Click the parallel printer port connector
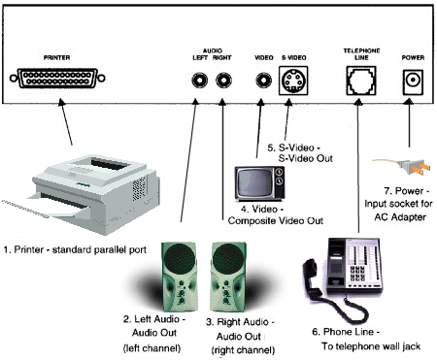point(57,78)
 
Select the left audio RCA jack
point(199,80)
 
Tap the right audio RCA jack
point(223,80)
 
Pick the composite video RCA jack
point(263,80)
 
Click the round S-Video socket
point(293,81)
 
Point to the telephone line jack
point(361,81)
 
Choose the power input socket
point(413,82)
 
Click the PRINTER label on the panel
point(57,57)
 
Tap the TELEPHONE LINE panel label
point(361,54)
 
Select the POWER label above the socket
point(413,57)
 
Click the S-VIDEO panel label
point(294,57)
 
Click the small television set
point(260,183)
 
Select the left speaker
point(179,277)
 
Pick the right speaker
point(228,277)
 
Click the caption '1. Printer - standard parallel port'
point(75,249)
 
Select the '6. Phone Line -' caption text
point(346,332)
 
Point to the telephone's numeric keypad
point(357,273)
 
